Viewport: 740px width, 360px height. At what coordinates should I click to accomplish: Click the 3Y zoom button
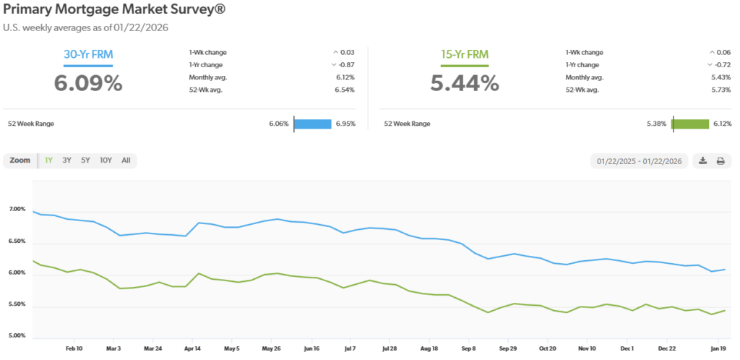[66, 160]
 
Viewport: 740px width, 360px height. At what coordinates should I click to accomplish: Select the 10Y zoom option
[106, 160]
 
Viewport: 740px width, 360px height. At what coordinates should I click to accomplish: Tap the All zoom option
[126, 160]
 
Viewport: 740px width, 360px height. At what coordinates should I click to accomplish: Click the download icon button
[702, 161]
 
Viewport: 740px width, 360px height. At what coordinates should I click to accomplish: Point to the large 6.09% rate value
[88, 83]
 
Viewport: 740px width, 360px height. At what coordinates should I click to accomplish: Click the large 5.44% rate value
[465, 83]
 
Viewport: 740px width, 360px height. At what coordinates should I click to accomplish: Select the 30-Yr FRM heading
[88, 54]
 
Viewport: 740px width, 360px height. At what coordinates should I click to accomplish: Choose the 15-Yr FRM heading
[465, 54]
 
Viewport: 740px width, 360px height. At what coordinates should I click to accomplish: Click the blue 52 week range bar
[312, 124]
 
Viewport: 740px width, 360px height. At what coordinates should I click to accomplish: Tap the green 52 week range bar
[690, 124]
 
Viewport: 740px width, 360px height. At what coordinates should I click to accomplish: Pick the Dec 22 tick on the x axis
[666, 348]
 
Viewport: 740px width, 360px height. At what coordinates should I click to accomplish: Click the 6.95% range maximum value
[345, 124]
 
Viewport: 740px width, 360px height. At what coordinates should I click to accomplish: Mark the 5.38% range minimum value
[656, 124]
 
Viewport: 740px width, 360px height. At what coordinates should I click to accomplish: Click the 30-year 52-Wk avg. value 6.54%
[345, 89]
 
